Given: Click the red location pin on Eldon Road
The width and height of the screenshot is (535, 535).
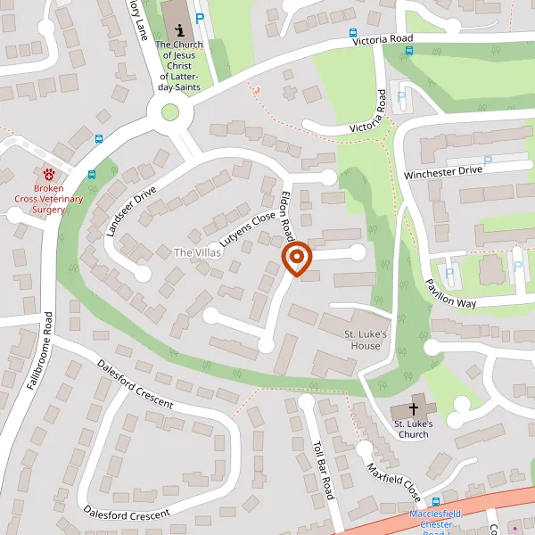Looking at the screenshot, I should tap(296, 258).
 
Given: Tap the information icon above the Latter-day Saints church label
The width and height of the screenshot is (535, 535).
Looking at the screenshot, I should tap(179, 29).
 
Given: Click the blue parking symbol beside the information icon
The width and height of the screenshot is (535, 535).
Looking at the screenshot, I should tap(200, 17).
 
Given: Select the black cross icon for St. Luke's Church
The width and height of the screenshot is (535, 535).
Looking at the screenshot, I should tap(413, 407).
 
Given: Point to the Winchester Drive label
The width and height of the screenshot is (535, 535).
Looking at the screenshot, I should tap(442, 169).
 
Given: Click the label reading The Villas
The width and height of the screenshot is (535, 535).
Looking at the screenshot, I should tap(196, 252).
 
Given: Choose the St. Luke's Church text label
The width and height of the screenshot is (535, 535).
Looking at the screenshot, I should tap(413, 428).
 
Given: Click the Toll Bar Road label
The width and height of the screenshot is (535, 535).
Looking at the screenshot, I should tap(323, 467).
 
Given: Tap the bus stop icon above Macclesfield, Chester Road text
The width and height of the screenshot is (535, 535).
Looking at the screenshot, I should tap(436, 502).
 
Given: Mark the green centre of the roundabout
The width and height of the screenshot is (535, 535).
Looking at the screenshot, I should tap(169, 112).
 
